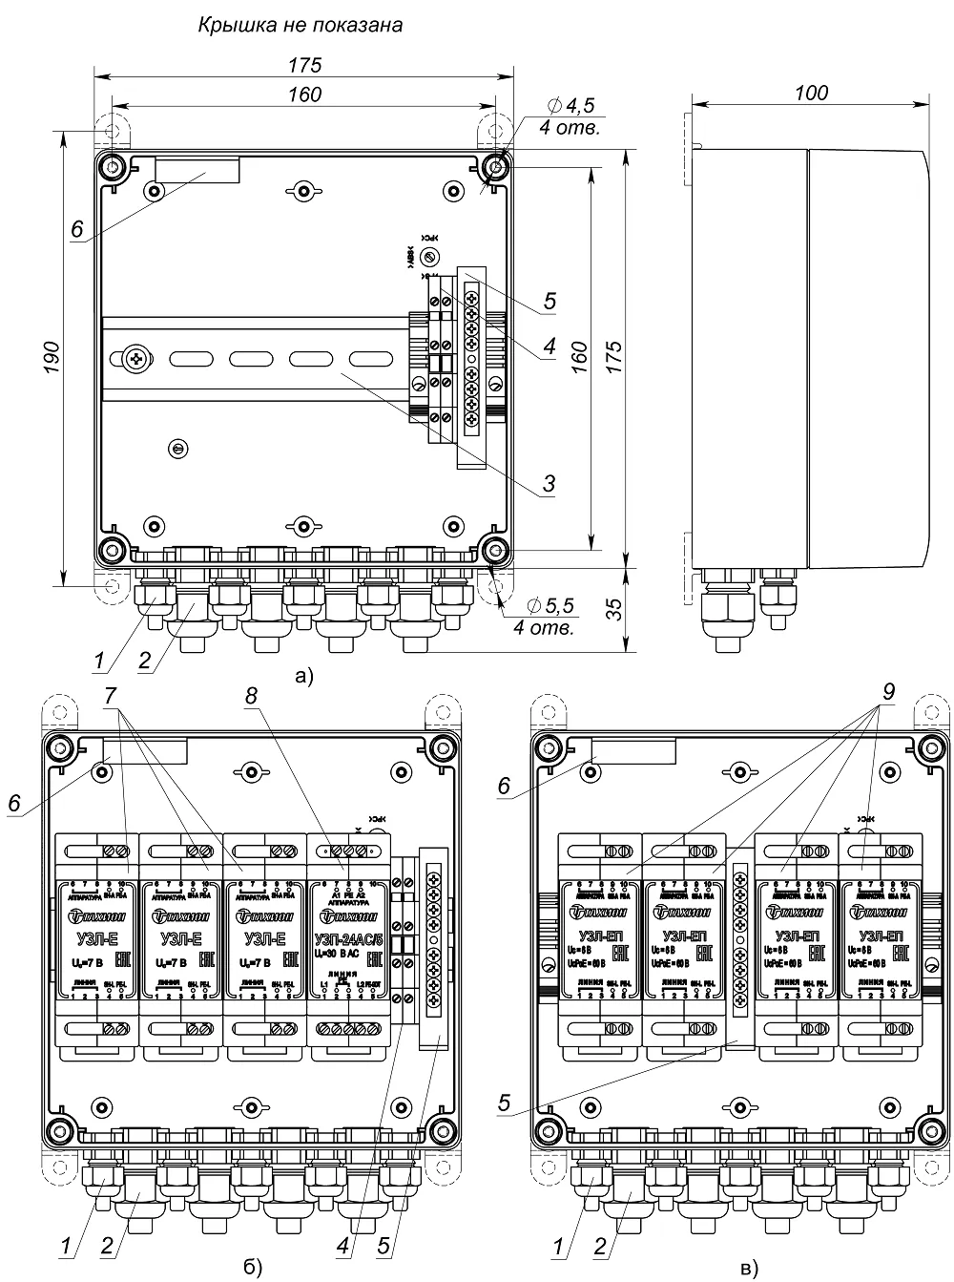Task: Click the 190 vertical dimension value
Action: [x=53, y=356]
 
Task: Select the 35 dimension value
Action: [x=616, y=609]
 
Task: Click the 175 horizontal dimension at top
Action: [x=302, y=66]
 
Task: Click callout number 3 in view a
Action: [x=549, y=484]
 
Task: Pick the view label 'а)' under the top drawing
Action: [x=303, y=677]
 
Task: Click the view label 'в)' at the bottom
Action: [x=750, y=1268]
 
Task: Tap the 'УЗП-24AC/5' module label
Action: [x=346, y=936]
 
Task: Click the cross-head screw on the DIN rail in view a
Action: [x=135, y=360]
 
